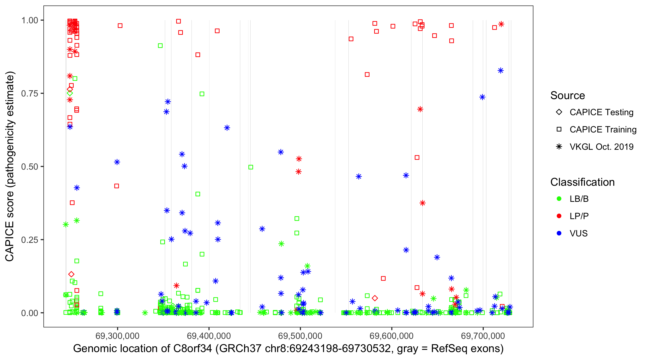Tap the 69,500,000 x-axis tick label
[x=300, y=336]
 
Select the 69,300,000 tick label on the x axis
[x=117, y=336]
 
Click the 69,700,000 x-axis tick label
[x=483, y=336]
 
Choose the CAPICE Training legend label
[x=603, y=130]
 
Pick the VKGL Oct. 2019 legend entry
[x=601, y=147]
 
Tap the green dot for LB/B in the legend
[x=559, y=199]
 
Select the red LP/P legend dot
[x=559, y=216]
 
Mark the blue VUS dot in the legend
[x=559, y=233]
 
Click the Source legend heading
[x=568, y=96]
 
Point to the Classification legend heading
[x=582, y=182]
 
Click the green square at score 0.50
[x=251, y=167]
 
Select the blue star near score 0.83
[x=501, y=71]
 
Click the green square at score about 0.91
[x=160, y=46]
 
